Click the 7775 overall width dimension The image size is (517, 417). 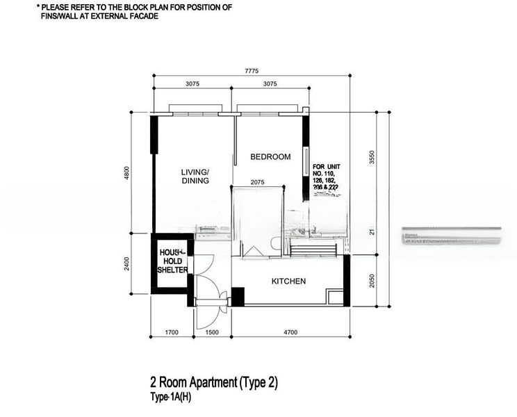click(x=253, y=71)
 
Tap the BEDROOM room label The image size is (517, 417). click(x=270, y=157)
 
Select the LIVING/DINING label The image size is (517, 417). click(x=195, y=177)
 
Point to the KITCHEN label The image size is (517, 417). click(x=288, y=281)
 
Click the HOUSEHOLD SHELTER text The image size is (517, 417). click(x=172, y=261)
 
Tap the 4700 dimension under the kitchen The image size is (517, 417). click(x=290, y=333)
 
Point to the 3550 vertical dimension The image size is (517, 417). click(x=372, y=157)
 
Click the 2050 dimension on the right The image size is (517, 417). click(x=372, y=280)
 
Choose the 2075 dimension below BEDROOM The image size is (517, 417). click(x=257, y=183)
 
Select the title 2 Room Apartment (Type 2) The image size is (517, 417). click(x=213, y=382)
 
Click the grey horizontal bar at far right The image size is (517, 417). click(x=452, y=237)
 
